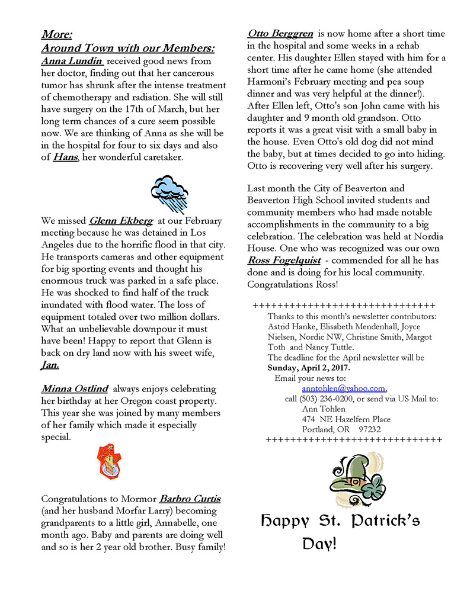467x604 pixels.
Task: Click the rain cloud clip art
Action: coord(169,193)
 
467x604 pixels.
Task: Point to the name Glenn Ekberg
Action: coord(121,221)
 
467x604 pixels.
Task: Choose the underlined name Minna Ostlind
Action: coord(75,389)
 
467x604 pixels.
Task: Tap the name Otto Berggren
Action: coord(280,33)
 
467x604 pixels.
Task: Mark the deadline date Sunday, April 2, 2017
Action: coord(308,368)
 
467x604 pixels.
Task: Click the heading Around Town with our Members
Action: coord(128,47)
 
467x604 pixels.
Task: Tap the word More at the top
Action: coord(57,34)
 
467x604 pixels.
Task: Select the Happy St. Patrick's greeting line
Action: coord(341,521)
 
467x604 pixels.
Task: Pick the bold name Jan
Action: coord(50,365)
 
